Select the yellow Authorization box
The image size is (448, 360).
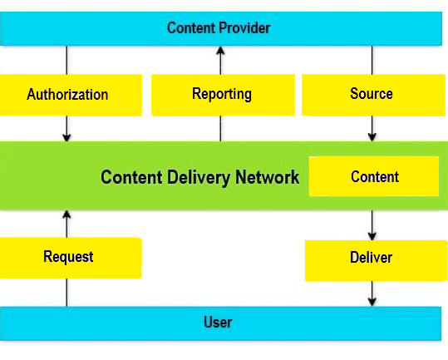click(x=71, y=95)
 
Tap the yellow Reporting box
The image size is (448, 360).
click(x=223, y=95)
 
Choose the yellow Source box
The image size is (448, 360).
click(x=373, y=95)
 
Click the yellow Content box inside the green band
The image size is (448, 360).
click(x=374, y=176)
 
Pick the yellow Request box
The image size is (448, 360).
click(x=71, y=258)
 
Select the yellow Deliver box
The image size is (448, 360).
click(x=377, y=261)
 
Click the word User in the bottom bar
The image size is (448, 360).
click(x=218, y=323)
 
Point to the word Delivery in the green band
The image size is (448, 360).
click(x=199, y=177)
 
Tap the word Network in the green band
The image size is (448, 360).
click(x=267, y=177)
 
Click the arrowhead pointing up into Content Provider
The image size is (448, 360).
click(x=220, y=50)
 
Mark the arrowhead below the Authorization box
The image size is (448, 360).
click(x=66, y=137)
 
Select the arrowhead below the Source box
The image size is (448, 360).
click(x=372, y=137)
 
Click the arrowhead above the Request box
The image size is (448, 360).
click(x=66, y=215)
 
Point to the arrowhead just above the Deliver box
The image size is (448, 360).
click(x=372, y=236)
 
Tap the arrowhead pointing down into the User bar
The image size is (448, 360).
click(x=372, y=302)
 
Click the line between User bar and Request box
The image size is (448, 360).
click(x=66, y=293)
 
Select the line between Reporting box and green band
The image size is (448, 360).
click(x=220, y=129)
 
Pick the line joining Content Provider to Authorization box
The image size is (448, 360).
click(x=66, y=60)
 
